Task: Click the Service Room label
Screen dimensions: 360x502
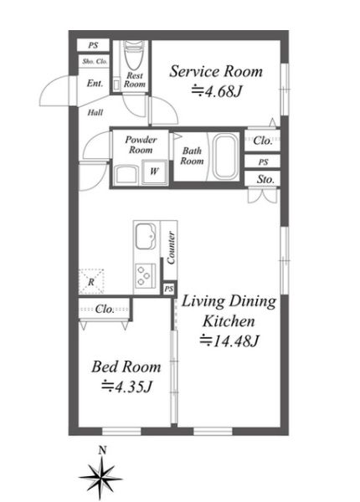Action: pyautogui.click(x=216, y=71)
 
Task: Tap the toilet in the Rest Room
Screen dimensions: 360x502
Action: pyautogui.click(x=131, y=56)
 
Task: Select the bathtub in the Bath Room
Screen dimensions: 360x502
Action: pyautogui.click(x=226, y=156)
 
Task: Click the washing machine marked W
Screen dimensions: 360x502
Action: pyautogui.click(x=154, y=172)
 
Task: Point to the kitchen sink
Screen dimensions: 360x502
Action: pyautogui.click(x=146, y=236)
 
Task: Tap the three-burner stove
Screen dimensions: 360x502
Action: pyautogui.click(x=146, y=275)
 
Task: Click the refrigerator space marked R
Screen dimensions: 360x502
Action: pyautogui.click(x=91, y=282)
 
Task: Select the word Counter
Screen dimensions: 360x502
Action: pyautogui.click(x=171, y=248)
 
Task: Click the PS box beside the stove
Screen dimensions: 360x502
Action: pyautogui.click(x=169, y=289)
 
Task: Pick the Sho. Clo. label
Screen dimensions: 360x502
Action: pyautogui.click(x=95, y=61)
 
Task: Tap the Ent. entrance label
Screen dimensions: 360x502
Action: pyautogui.click(x=95, y=84)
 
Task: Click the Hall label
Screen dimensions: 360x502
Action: pyautogui.click(x=95, y=112)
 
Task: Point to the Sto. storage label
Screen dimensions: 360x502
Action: pyautogui.click(x=265, y=179)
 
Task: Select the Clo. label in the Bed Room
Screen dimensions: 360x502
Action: pyautogui.click(x=105, y=309)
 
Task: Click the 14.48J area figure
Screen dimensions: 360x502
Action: pyautogui.click(x=229, y=341)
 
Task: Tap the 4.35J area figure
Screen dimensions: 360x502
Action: pyautogui.click(x=126, y=387)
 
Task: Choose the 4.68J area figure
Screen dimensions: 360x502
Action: pyautogui.click(x=216, y=91)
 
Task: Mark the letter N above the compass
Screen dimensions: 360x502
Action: pyautogui.click(x=102, y=451)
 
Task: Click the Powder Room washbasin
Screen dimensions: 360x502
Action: pyautogui.click(x=126, y=175)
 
